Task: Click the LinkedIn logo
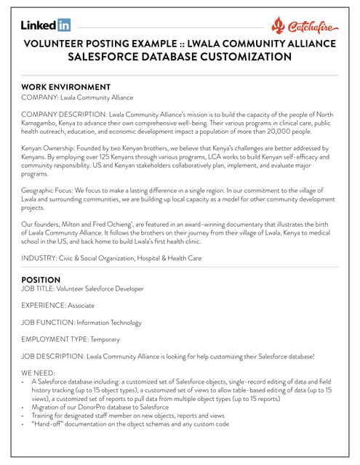46,25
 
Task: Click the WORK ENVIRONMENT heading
65,86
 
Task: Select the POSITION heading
41,279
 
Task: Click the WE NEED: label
38,373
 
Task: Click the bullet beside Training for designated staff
24,416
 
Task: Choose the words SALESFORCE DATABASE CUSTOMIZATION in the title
180,57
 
